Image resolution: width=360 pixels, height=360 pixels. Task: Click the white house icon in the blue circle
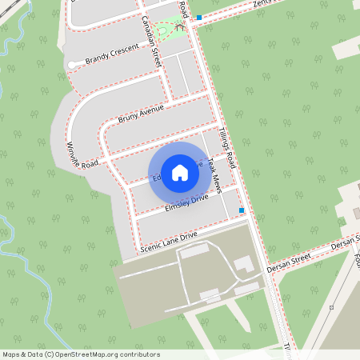pos(180,172)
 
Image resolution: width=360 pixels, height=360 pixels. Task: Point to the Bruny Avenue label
pos(141,113)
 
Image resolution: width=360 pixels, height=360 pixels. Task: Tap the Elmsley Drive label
pos(186,202)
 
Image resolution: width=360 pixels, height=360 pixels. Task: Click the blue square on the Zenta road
pos(198,17)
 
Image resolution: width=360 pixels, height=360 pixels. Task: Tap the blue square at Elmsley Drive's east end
pos(242,210)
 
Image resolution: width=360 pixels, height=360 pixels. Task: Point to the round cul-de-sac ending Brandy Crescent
pos(72,64)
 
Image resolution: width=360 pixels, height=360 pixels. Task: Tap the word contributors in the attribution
pos(137,354)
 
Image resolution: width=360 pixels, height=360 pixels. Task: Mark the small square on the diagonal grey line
pos(330,307)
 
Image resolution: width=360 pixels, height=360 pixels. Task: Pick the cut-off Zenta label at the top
pos(263,4)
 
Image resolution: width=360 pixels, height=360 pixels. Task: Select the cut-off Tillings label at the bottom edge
pos(286,350)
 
